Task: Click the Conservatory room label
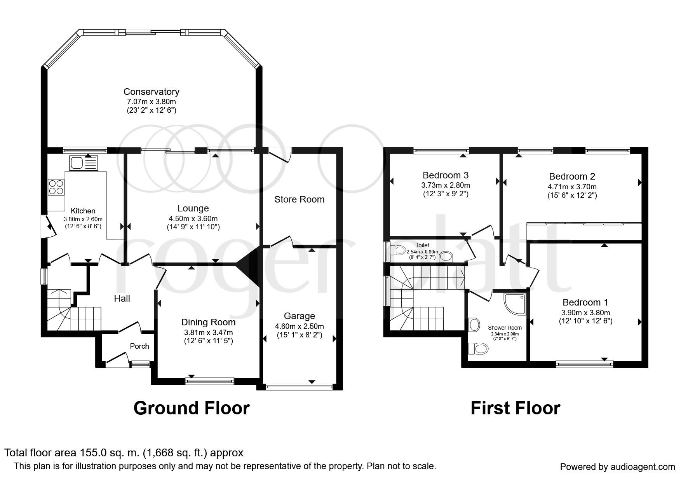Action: click(x=151, y=92)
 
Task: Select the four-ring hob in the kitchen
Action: click(x=56, y=187)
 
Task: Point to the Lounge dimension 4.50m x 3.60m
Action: click(x=193, y=218)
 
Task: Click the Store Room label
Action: click(x=299, y=199)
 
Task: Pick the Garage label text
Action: click(x=299, y=316)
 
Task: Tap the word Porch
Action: click(x=139, y=346)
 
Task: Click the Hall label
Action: click(x=122, y=299)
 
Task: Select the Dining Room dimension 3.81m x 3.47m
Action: click(x=208, y=332)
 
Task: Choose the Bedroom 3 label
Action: click(x=446, y=175)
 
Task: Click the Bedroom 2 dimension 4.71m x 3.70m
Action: click(x=572, y=187)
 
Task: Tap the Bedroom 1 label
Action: click(x=585, y=302)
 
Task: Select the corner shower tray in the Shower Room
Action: click(x=515, y=304)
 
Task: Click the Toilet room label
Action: click(x=422, y=245)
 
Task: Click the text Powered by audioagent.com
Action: click(x=618, y=467)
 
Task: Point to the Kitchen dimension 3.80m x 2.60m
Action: click(x=83, y=219)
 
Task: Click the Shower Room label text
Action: click(x=505, y=328)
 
